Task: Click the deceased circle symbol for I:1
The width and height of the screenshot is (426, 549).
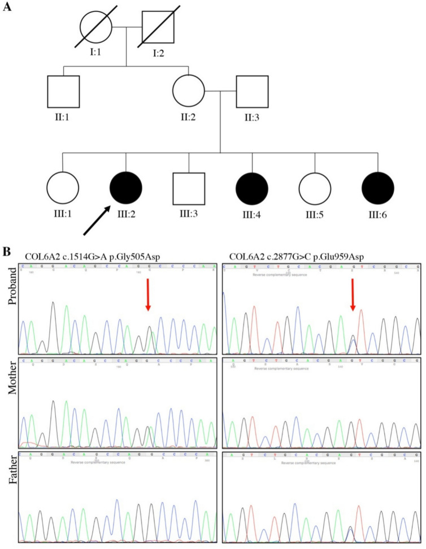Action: click(x=95, y=26)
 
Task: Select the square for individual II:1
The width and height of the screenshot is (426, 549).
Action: click(x=63, y=92)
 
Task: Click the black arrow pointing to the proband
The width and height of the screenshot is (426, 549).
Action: click(x=98, y=221)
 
